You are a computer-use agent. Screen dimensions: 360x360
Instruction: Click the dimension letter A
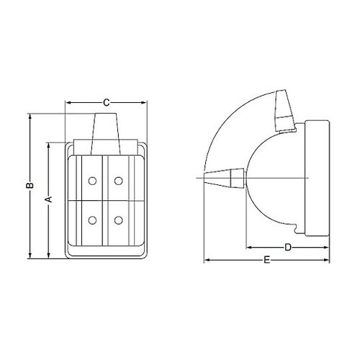click(x=49, y=199)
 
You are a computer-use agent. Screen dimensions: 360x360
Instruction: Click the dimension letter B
click(x=30, y=185)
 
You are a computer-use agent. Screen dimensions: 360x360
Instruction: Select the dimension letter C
click(x=106, y=103)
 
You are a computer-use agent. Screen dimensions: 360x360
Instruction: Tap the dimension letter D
click(x=288, y=247)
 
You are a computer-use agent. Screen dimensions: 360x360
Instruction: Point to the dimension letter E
click(x=267, y=260)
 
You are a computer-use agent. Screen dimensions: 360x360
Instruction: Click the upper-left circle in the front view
click(x=92, y=181)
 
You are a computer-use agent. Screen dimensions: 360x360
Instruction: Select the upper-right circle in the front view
click(x=119, y=181)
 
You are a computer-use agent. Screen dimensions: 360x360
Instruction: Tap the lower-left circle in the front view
click(x=92, y=220)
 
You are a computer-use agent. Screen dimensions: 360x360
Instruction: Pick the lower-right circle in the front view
click(x=119, y=220)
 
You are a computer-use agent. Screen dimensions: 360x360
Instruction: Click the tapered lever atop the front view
click(x=106, y=134)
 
